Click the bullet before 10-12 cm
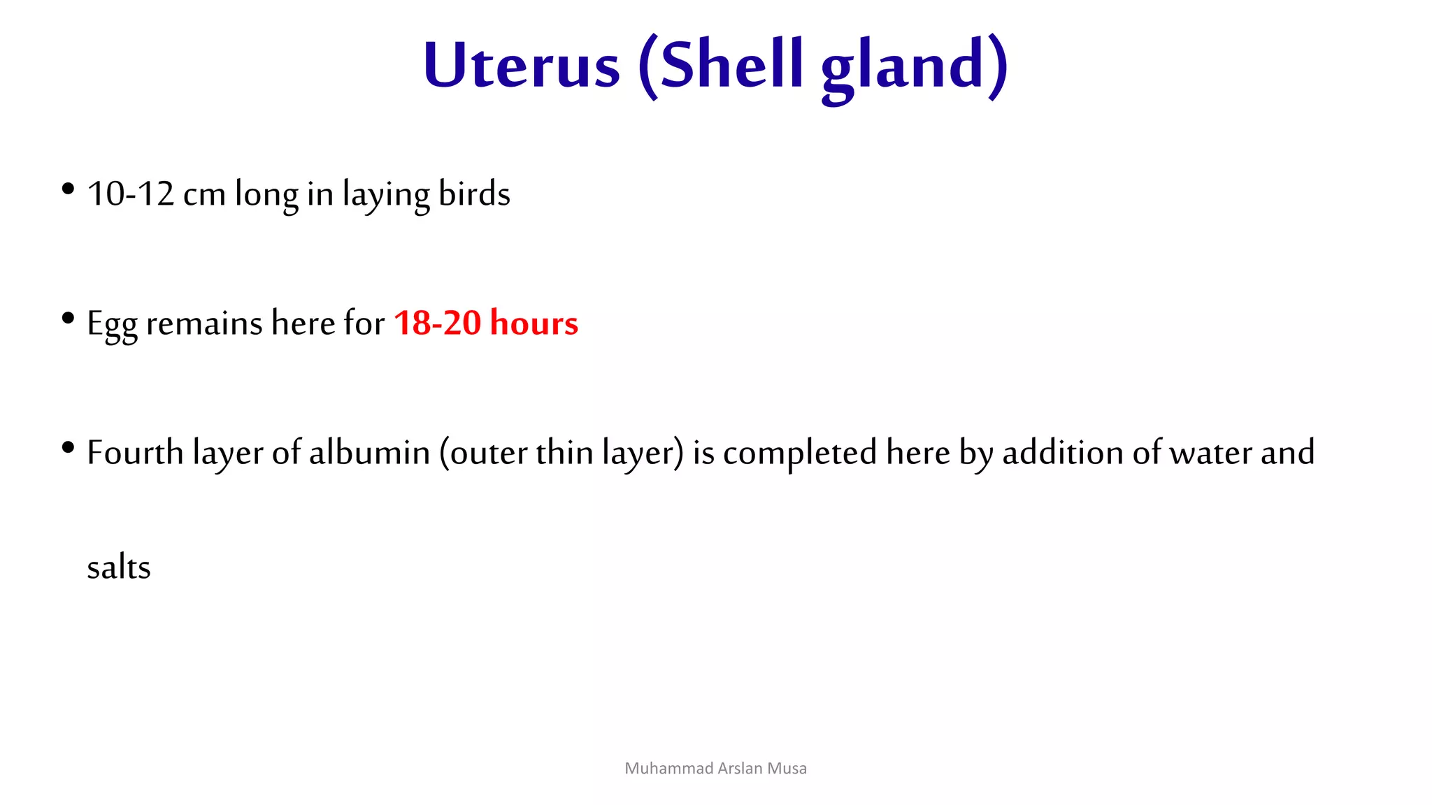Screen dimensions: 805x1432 click(68, 189)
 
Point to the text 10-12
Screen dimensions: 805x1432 click(130, 194)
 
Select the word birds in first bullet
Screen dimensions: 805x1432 click(474, 194)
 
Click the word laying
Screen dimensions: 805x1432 click(385, 195)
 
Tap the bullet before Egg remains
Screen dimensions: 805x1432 click(68, 319)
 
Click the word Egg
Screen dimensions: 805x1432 click(111, 324)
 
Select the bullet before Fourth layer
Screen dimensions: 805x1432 click(68, 447)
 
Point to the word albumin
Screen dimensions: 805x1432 click(369, 452)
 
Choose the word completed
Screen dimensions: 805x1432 click(799, 453)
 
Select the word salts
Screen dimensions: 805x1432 click(119, 567)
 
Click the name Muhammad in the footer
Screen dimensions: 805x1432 click(659, 769)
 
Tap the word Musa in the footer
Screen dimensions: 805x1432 click(787, 769)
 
